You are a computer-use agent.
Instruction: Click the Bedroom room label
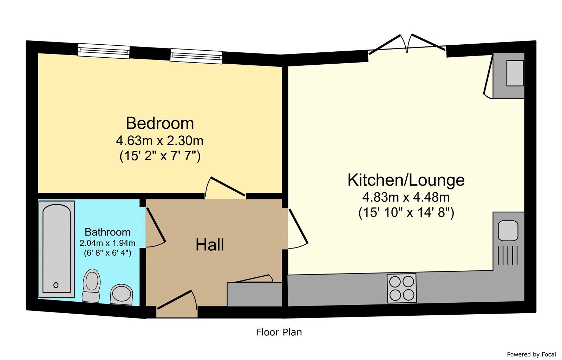[x=160, y=123]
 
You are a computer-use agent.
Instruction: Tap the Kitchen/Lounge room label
[x=406, y=180]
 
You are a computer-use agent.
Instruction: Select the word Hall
[x=210, y=245]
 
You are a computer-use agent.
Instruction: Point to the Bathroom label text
[x=107, y=232]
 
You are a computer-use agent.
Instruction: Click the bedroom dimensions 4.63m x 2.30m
[x=160, y=141]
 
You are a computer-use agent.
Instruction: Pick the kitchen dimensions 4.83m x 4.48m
[x=406, y=197]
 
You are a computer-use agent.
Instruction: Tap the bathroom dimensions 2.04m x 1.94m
[x=107, y=243]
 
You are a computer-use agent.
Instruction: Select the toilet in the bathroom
[x=92, y=285]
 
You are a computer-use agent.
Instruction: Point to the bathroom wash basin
[x=122, y=294]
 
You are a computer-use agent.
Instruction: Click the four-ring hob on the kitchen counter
[x=401, y=288]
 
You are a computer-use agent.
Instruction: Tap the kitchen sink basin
[x=508, y=231]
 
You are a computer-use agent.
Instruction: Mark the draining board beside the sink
[x=508, y=255]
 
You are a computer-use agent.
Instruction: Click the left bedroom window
[x=104, y=51]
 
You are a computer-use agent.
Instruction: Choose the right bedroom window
[x=196, y=56]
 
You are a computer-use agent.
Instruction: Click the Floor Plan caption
[x=279, y=332]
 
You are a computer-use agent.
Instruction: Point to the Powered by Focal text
[x=531, y=354]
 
